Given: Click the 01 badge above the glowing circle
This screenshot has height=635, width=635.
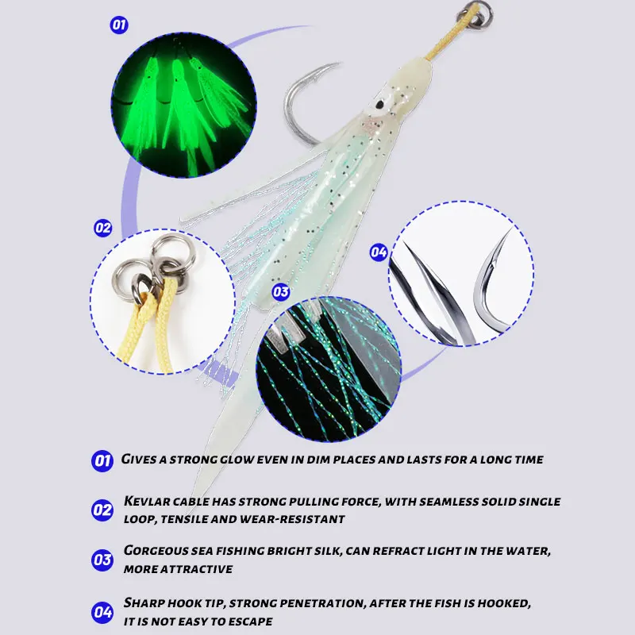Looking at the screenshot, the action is [x=119, y=25].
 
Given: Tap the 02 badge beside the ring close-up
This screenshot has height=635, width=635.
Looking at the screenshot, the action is [x=103, y=228].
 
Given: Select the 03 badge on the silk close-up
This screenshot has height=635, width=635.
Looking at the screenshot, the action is [x=281, y=291].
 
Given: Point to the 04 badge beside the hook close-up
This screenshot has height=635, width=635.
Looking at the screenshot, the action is [x=379, y=252].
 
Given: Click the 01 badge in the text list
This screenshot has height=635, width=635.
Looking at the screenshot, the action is [x=102, y=461].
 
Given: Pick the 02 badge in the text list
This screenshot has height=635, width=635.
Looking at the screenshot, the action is [x=102, y=510].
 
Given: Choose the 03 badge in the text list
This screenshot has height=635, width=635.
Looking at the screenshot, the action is [x=102, y=560].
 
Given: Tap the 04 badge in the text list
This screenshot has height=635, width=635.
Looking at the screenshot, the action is [x=102, y=612].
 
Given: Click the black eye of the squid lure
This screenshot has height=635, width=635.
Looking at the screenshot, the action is [x=379, y=105].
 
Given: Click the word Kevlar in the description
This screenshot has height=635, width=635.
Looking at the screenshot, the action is [x=147, y=502].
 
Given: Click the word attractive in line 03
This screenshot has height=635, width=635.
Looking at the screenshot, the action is [x=197, y=569].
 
